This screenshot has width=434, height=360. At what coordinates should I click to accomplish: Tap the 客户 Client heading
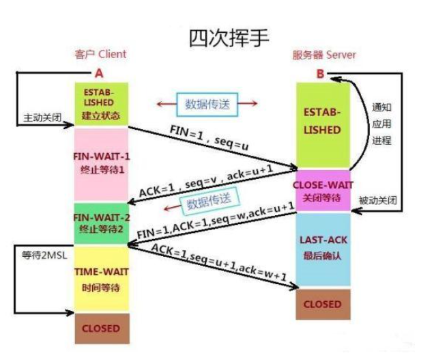coord(101,55)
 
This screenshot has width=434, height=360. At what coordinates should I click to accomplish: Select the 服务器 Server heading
coord(323,55)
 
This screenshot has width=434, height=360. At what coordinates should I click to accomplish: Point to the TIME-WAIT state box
coord(101,279)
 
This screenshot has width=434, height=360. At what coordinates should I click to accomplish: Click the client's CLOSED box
coord(101,329)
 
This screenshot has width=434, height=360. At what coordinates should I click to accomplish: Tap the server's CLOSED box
coord(322,304)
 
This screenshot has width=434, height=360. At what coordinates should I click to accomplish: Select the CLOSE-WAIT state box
coord(322,191)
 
